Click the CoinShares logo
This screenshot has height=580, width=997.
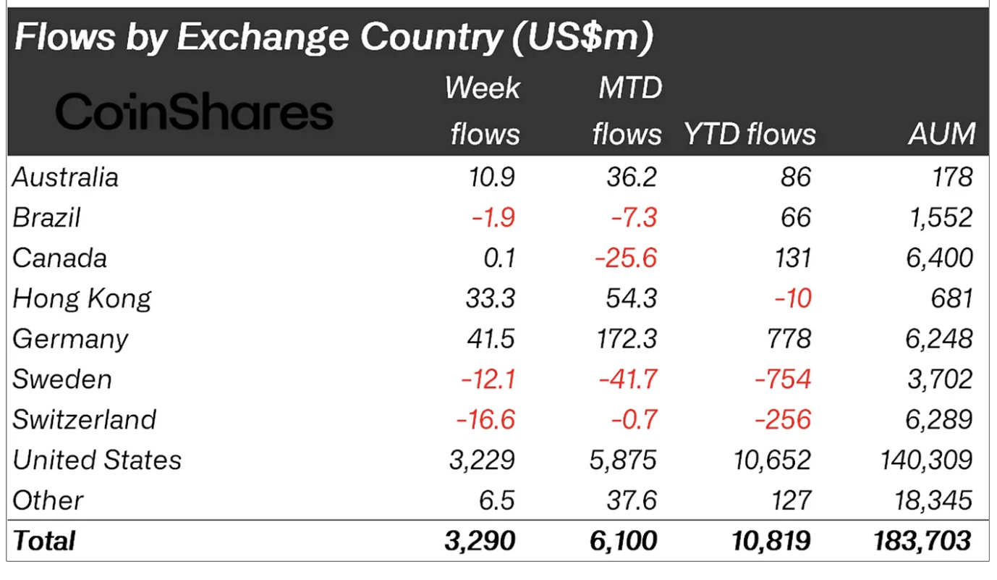(194, 113)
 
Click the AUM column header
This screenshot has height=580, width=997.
(942, 134)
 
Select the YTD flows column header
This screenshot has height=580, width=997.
(750, 134)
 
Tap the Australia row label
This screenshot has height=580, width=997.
(65, 177)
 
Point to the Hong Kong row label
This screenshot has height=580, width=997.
(82, 298)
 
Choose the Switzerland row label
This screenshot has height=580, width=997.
(85, 420)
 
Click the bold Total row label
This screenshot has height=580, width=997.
(44, 541)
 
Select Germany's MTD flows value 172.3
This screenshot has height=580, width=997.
(624, 339)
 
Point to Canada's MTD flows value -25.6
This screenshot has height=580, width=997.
(626, 259)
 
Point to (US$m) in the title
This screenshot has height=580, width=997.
(582, 38)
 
